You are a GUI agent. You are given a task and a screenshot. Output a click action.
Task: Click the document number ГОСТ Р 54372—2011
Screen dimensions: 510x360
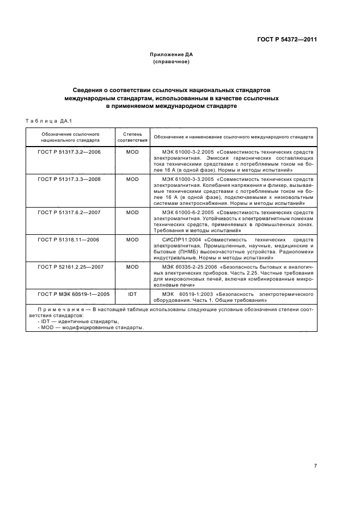click(288, 39)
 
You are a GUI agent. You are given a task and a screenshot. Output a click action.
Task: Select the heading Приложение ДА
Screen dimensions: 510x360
click(172, 54)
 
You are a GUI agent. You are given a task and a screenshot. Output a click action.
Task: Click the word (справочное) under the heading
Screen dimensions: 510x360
click(172, 62)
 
